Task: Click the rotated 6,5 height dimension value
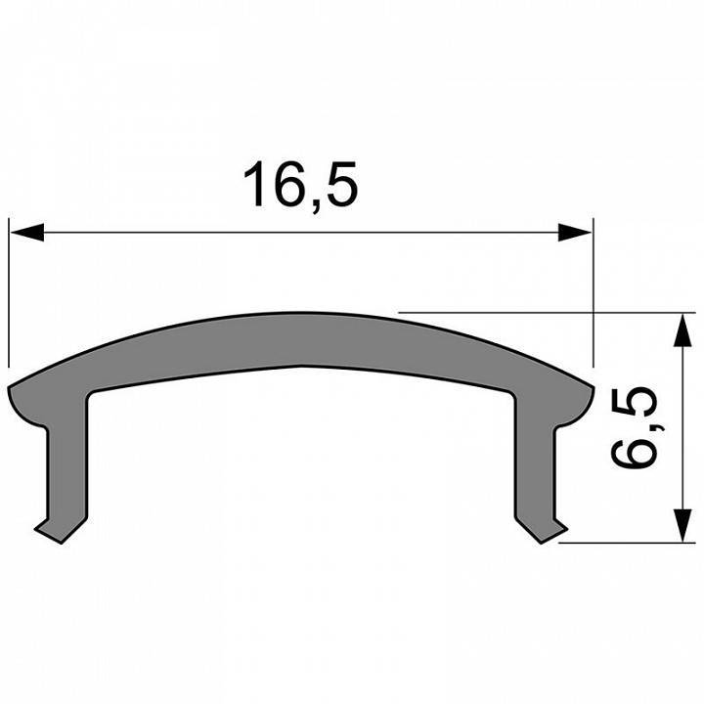[x=638, y=428]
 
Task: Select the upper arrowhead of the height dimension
[x=677, y=329]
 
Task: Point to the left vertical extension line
[x=9, y=293]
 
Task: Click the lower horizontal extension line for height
[x=626, y=542]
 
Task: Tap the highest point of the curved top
[x=301, y=316]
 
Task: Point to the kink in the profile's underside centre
[x=301, y=367]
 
